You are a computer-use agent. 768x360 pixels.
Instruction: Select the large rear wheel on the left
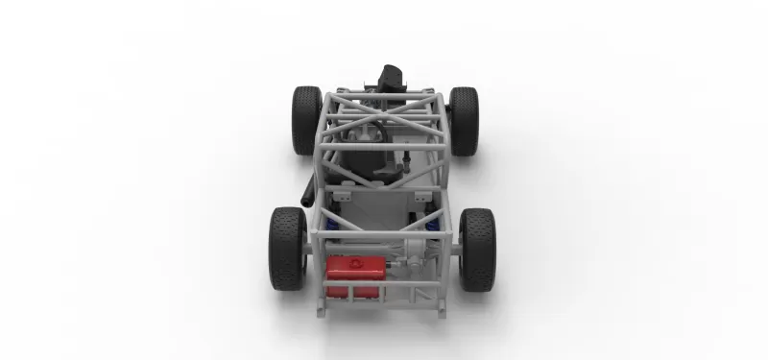point(288,248)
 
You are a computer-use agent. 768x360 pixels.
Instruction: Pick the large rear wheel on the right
point(477,248)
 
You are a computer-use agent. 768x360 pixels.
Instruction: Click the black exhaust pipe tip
point(306,198)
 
